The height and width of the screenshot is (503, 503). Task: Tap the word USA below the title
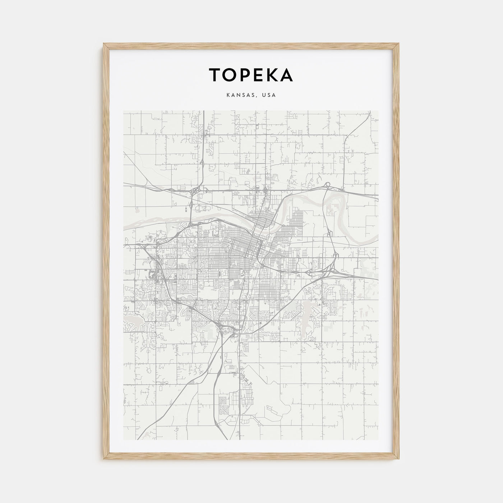click(x=269, y=95)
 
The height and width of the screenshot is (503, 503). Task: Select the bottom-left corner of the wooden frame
click(x=105, y=459)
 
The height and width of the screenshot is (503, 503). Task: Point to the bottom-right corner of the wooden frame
click(x=398, y=459)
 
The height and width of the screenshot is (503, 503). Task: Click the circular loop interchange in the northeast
click(x=327, y=185)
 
